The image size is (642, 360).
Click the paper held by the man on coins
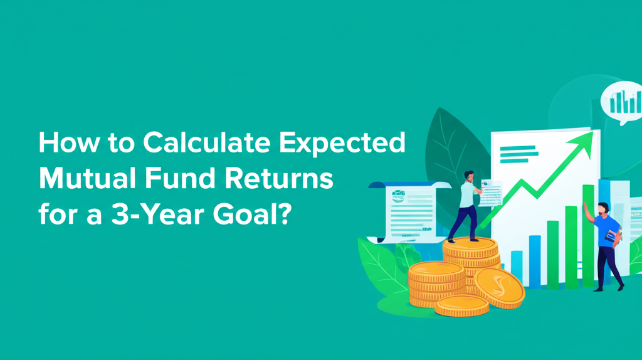[491, 193]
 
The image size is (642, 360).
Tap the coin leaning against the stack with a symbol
[498, 288]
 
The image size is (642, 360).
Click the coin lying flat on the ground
[461, 305]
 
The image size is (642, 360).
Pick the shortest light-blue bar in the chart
[517, 267]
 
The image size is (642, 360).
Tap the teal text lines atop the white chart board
[518, 154]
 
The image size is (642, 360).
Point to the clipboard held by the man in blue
[612, 236]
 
